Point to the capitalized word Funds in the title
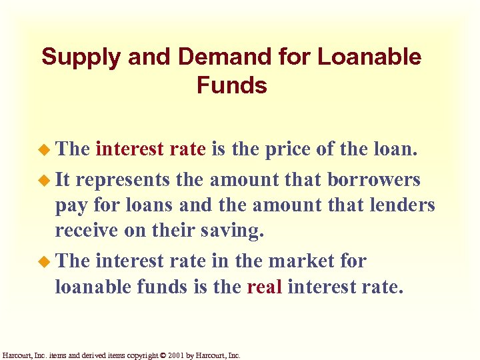pyautogui.click(x=232, y=86)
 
